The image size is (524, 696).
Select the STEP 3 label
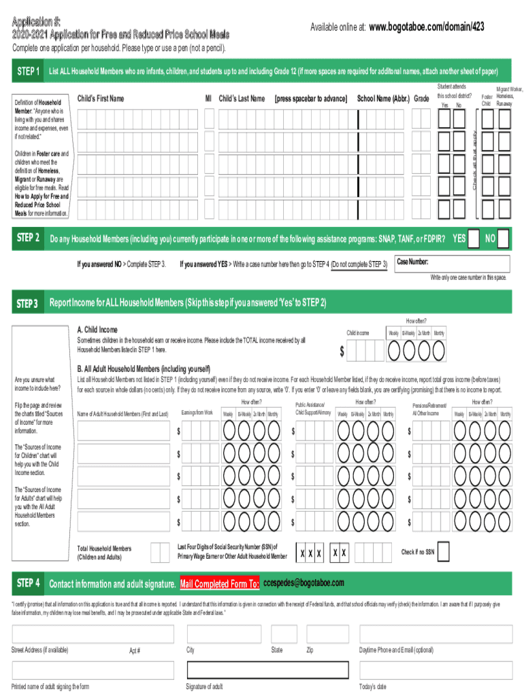click(28, 302)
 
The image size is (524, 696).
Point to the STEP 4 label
click(28, 583)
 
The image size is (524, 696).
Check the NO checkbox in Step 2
click(502, 239)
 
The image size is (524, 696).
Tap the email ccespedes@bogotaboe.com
click(304, 583)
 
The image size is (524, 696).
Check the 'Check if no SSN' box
click(443, 552)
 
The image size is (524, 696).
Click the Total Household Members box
click(160, 552)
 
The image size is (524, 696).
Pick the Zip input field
click(326, 634)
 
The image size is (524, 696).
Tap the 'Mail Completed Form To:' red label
click(219, 584)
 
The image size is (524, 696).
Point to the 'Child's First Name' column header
click(101, 99)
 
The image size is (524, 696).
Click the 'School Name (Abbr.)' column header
click(384, 99)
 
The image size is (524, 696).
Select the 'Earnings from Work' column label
click(197, 413)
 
